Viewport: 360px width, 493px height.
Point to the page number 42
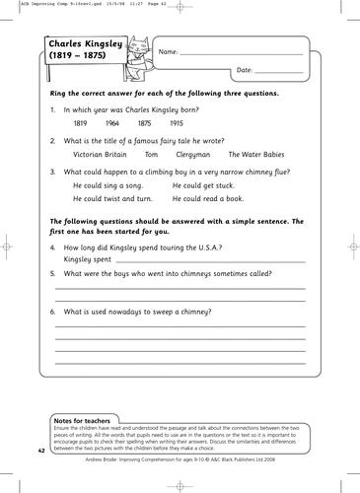41,450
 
